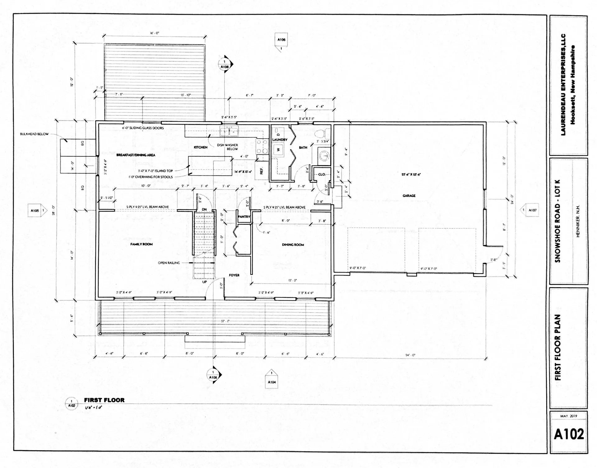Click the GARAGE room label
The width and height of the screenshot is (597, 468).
pos(409,196)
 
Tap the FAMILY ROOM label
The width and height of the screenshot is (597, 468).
pos(141,244)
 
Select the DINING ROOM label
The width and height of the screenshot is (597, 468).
pos(293,245)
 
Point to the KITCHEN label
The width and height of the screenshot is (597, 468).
pos(201,147)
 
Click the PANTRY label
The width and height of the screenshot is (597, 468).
pos(244,217)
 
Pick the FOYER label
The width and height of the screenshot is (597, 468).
pos(234,275)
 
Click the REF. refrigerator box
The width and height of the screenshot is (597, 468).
pos(261,171)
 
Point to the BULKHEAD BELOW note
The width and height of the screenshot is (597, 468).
pos(34,134)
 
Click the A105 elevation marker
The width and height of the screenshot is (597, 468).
pos(37,211)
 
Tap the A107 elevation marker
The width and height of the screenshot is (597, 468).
pos(531,210)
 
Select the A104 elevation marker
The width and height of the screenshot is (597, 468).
pos(271,381)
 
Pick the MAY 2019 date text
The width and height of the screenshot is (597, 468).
pos(568,416)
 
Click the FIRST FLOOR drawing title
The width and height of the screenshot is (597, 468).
pos(104,400)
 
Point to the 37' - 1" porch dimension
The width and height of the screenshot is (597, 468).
pos(225,321)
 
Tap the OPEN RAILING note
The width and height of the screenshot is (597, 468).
pos(169,263)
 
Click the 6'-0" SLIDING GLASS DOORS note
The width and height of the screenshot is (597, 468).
pos(143,128)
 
